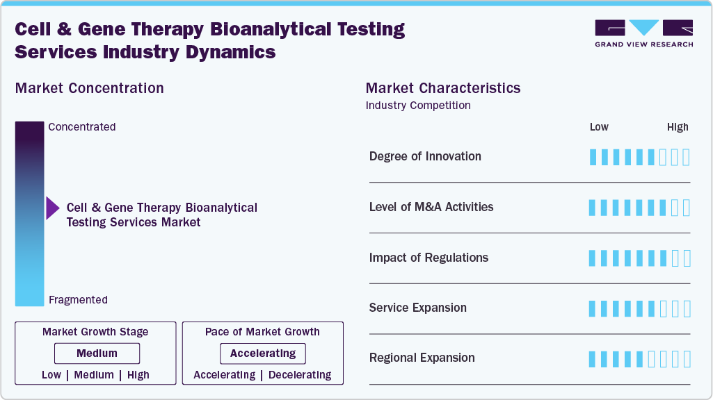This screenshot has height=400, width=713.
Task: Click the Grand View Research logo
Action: (x=643, y=33)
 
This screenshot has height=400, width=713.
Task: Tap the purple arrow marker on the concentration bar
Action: (x=52, y=208)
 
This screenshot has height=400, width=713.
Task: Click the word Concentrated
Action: (x=82, y=127)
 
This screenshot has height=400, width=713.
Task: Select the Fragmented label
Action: (x=78, y=300)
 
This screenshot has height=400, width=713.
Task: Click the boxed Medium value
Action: (x=97, y=353)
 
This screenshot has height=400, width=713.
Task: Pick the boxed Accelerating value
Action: (x=263, y=353)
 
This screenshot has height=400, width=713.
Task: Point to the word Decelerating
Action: (x=300, y=375)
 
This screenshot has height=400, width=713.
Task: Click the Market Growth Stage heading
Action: (x=95, y=332)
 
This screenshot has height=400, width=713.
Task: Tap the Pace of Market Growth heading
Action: (x=262, y=332)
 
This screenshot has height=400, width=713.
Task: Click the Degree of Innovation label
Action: (x=425, y=156)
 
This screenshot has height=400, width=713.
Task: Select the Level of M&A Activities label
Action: (x=431, y=207)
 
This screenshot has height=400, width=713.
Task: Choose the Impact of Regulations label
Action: (x=428, y=258)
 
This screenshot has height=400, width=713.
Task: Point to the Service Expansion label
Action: (x=418, y=308)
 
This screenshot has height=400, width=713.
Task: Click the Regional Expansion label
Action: (x=422, y=358)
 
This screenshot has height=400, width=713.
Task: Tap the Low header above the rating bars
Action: (x=599, y=127)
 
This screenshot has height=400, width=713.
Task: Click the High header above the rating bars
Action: (x=678, y=127)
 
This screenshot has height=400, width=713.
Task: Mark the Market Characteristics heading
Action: (x=443, y=88)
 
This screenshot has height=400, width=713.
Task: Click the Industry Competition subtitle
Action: (x=418, y=106)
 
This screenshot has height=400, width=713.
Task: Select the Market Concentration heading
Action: (x=90, y=88)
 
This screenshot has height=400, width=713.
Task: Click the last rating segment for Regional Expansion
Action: (x=687, y=359)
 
